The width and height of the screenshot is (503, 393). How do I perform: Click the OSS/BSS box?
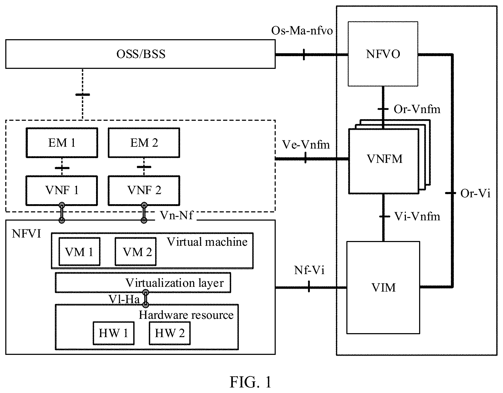point(140,54)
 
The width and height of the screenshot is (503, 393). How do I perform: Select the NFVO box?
point(383,54)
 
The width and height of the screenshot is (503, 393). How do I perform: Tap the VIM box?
point(383,287)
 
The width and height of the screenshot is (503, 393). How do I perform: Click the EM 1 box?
point(62,143)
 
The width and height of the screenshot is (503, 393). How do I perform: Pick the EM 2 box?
point(144,143)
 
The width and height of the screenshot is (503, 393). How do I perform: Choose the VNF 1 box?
point(62,190)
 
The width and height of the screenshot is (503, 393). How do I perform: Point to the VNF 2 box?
point(144,190)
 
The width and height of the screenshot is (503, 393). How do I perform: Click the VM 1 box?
point(79,252)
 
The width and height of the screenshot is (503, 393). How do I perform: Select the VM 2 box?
point(135,252)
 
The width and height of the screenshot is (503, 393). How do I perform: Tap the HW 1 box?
point(114,333)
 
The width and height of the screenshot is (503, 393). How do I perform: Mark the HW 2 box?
point(170,333)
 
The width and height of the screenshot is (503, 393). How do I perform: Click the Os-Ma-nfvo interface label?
point(302,31)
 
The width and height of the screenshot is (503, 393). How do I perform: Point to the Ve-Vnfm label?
point(306,145)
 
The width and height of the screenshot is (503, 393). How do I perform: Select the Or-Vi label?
point(475,194)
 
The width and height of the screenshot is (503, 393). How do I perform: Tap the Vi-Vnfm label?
point(417,217)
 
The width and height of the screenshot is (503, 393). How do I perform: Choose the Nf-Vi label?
point(309,270)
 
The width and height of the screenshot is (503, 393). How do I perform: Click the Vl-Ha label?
point(124,299)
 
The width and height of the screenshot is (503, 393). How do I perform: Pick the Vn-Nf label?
point(177,216)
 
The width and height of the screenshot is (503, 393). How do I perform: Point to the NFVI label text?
point(26,234)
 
